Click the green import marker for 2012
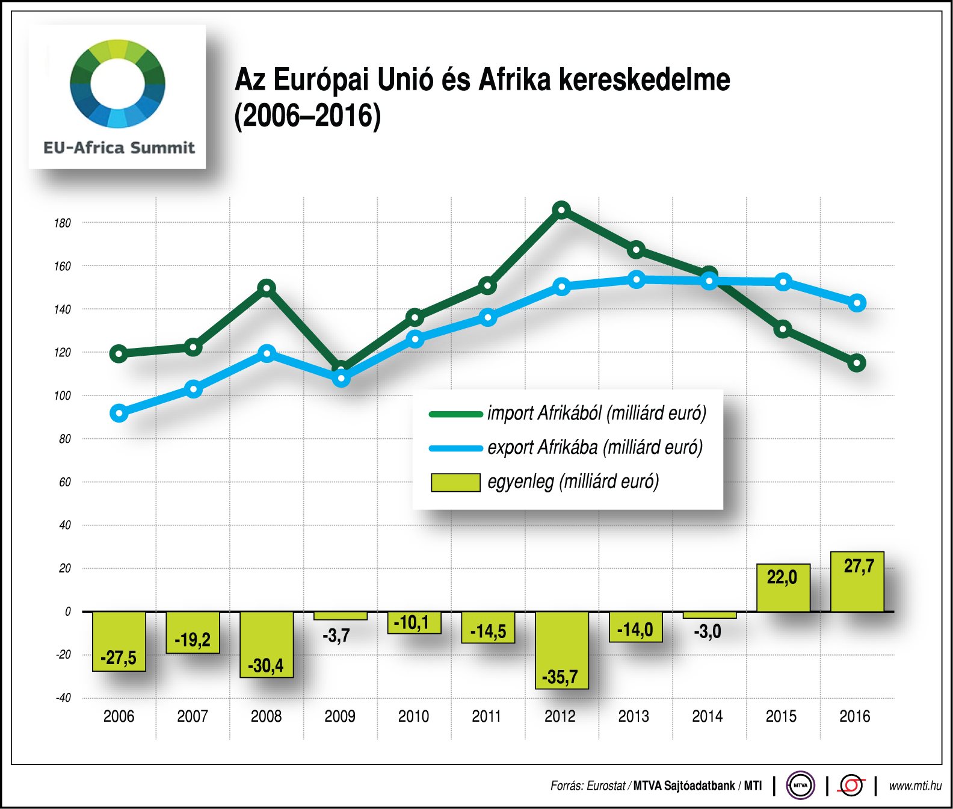[561, 210]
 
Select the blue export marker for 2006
[119, 414]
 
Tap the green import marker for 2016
[856, 363]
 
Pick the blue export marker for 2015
[783, 282]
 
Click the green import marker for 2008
[267, 288]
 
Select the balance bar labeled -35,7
[561, 650]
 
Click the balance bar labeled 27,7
[857, 582]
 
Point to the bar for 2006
[119, 641]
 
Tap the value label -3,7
[336, 636]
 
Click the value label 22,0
[782, 577]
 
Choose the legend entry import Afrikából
[596, 414]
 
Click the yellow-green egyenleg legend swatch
[455, 483]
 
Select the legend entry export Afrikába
[594, 448]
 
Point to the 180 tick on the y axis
[63, 223]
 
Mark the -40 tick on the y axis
[63, 698]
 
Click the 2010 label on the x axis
[413, 716]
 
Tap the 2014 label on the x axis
[707, 716]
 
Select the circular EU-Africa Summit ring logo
[117, 84]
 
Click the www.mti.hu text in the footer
[914, 786]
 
